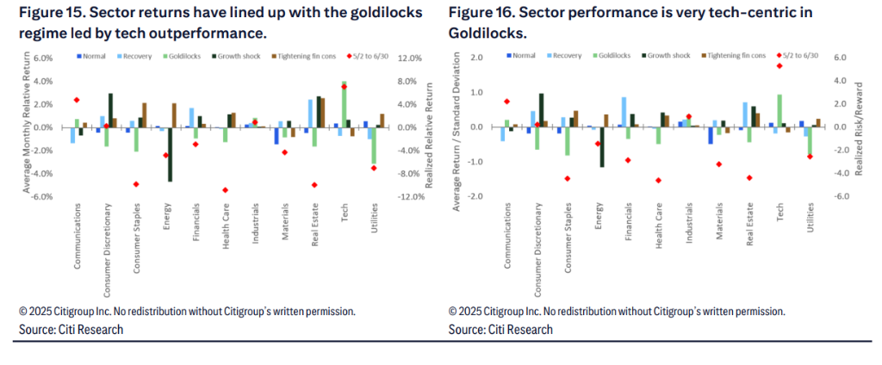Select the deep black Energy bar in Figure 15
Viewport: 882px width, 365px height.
pyautogui.click(x=170, y=154)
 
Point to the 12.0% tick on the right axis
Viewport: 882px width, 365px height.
pyautogui.click(x=410, y=58)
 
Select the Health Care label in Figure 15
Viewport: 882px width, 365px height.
pyautogui.click(x=227, y=225)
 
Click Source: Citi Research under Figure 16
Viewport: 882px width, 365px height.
pyautogui.click(x=500, y=330)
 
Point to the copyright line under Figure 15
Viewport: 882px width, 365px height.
pyautogui.click(x=188, y=311)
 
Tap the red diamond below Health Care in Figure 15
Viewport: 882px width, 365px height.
pyautogui.click(x=225, y=190)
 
